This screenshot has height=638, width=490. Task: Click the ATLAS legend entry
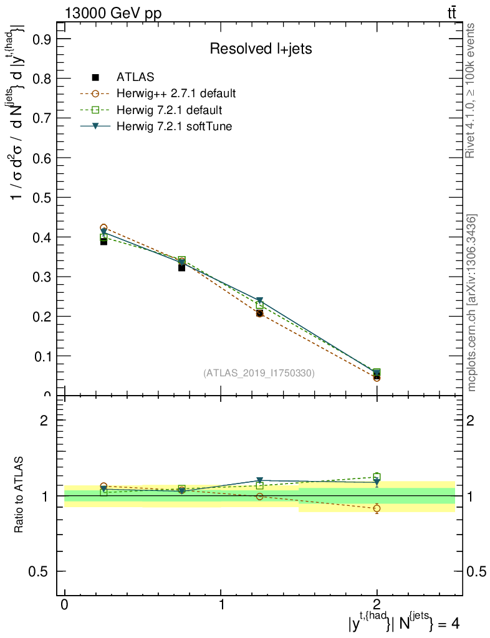[135, 77]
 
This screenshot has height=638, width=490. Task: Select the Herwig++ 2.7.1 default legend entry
[176, 94]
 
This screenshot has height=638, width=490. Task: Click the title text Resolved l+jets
[260, 49]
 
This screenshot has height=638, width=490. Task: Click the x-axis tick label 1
[220, 605]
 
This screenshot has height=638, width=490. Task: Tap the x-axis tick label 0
[64, 605]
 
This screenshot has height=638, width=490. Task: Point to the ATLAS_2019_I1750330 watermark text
[259, 373]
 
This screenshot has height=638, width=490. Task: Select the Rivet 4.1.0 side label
[471, 90]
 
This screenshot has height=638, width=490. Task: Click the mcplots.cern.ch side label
[472, 302]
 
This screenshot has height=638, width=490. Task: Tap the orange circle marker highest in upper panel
[103, 228]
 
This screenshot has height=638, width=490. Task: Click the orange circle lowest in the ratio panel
[377, 508]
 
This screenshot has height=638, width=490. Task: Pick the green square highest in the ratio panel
[377, 477]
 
